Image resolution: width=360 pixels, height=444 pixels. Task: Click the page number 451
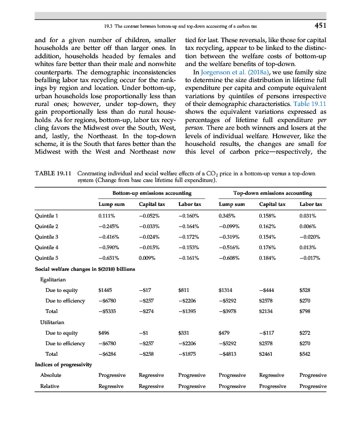pos(317,25)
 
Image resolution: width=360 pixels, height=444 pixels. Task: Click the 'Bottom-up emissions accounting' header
pos(144,193)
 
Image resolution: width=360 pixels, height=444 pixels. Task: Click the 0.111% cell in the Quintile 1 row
pos(106,215)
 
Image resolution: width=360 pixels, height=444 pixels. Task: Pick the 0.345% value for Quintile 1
pos(228,215)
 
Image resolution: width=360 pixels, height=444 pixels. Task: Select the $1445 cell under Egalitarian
pos(104,290)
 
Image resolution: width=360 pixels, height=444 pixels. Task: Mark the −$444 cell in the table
pos(268,290)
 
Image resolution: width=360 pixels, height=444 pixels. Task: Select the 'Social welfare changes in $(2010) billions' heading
pos(85,269)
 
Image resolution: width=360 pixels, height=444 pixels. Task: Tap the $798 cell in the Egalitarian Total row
pos(305,311)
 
